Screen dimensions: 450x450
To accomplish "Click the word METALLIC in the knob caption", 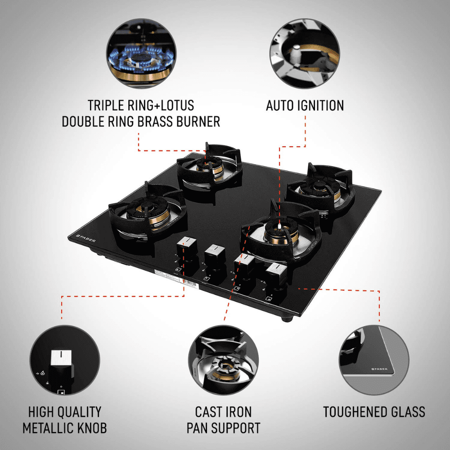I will (x=48, y=427).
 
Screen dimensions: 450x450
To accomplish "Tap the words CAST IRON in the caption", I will (x=223, y=411).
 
